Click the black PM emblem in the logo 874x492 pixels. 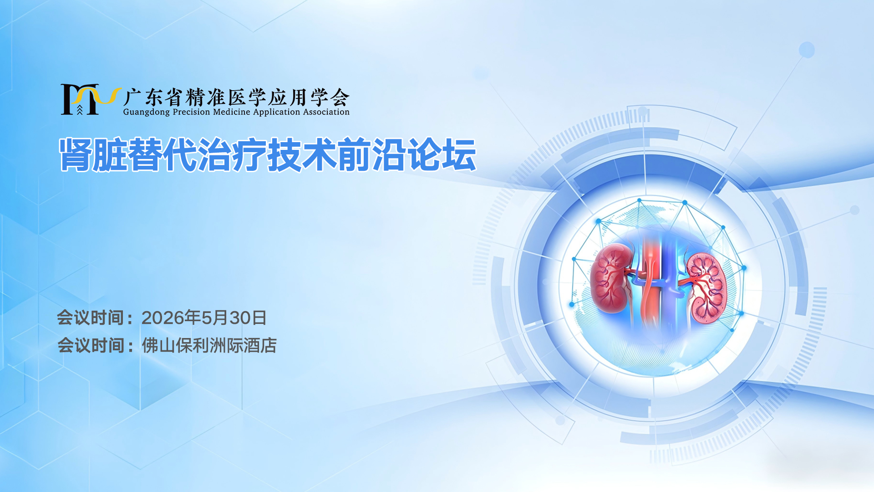[80, 99]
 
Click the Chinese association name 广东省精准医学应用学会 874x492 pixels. [236, 97]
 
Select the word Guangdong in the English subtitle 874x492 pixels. [146, 112]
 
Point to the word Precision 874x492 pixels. [191, 112]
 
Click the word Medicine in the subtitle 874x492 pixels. [232, 112]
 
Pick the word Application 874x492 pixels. [277, 112]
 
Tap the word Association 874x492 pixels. [326, 112]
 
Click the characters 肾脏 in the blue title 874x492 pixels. [93, 155]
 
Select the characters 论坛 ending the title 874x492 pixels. [442, 155]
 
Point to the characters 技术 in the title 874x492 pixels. [302, 155]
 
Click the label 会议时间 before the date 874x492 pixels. [91, 318]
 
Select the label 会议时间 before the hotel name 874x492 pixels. [91, 346]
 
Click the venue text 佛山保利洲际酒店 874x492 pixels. [209, 346]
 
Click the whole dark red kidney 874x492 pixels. [612, 278]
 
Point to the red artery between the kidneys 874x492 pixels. [650, 282]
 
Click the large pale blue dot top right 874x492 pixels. [807, 50]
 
